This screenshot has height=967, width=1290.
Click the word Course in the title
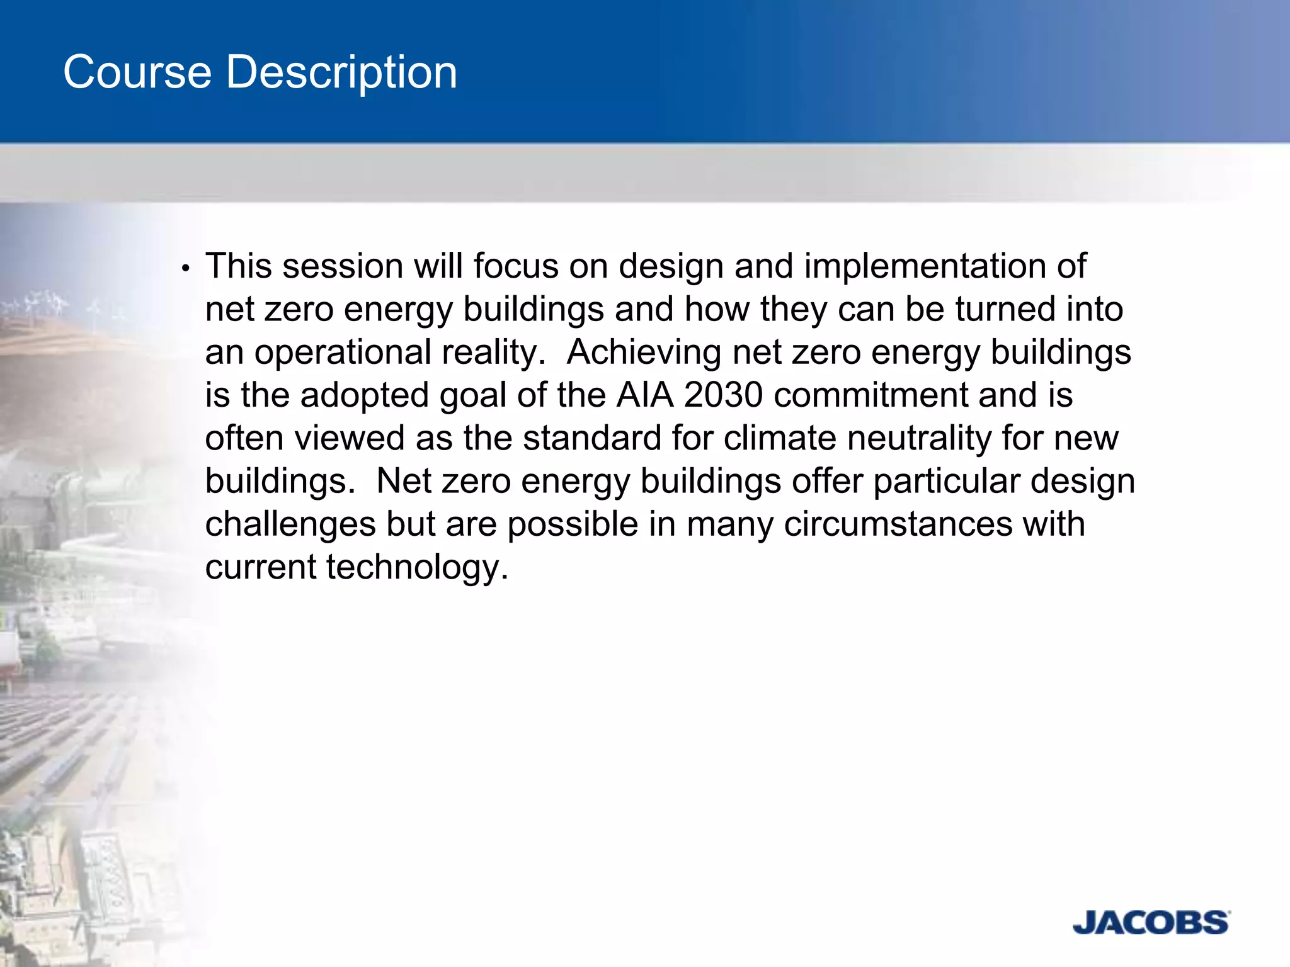[137, 72]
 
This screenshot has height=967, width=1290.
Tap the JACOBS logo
[1150, 922]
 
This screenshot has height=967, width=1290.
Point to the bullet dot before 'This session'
[185, 269]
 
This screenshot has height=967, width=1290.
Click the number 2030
[723, 395]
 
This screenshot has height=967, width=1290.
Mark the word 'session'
[343, 266]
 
